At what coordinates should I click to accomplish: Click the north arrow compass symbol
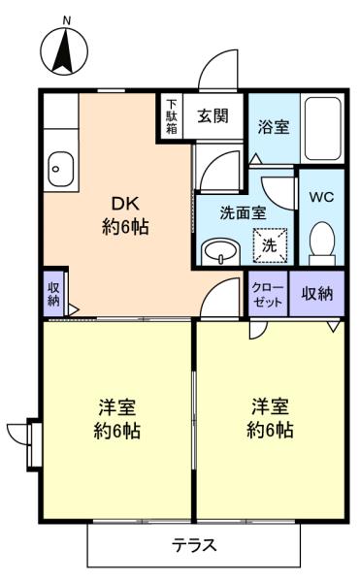coord(64,51)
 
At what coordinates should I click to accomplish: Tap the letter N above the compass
coord(67,21)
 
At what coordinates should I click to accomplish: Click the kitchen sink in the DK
coord(61,169)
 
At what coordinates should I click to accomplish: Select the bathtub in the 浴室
coord(322,128)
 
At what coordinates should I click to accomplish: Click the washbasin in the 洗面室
coord(220,252)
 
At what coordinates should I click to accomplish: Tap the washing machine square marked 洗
coord(270,245)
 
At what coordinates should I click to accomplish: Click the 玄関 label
coord(213,116)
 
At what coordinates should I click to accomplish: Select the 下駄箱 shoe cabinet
coord(172,116)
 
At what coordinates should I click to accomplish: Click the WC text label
coord(322,197)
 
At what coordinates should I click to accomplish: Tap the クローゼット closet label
coord(268,294)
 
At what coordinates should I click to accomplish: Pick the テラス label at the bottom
coord(194,545)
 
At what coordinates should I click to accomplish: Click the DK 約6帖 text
coord(125,215)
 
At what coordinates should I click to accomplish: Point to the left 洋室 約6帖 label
coord(116,419)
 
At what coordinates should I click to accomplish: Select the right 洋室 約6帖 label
coord(270,419)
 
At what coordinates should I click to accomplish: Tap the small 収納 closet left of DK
coord(54,294)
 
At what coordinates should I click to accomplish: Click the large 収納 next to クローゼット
coord(317,294)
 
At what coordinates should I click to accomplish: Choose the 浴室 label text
coord(274,127)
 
